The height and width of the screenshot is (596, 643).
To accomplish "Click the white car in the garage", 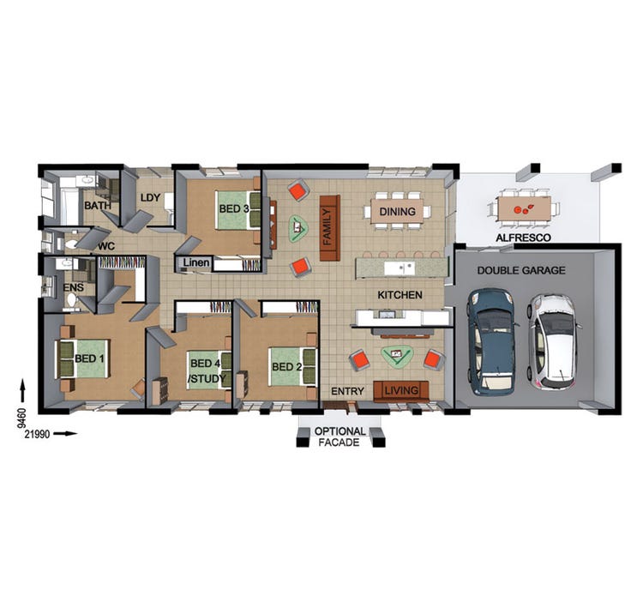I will [552, 340].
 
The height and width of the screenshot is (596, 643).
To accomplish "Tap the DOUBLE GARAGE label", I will [520, 270].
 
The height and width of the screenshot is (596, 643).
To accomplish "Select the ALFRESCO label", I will [523, 238].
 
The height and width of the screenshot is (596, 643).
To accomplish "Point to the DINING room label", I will [395, 212].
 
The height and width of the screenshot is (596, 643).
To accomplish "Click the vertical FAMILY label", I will [329, 227].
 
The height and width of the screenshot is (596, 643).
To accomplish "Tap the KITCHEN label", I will [400, 295].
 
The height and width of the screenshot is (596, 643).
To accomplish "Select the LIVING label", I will [401, 391].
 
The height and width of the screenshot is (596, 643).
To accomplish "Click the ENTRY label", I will [347, 392].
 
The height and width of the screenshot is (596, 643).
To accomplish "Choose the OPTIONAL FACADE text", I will [340, 436].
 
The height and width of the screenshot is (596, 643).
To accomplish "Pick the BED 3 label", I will [233, 208].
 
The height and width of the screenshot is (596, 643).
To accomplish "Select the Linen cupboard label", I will [195, 262].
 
